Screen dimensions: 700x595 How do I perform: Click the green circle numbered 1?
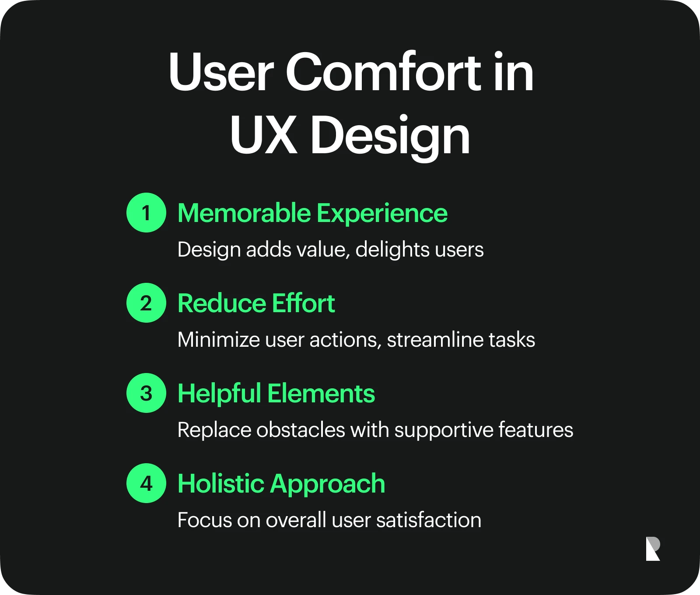click(x=146, y=212)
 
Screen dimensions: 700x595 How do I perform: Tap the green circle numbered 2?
click(x=146, y=303)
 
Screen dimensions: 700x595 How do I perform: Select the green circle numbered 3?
click(x=146, y=393)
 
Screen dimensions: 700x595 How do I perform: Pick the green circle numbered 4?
click(x=146, y=483)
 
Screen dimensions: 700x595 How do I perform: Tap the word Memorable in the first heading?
click(x=244, y=213)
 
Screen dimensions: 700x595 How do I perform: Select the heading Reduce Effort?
click(x=256, y=303)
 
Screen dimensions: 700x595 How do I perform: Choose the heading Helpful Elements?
click(x=276, y=393)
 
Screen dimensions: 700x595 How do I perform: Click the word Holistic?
click(x=221, y=483)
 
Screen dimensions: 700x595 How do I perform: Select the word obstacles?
click(x=301, y=430)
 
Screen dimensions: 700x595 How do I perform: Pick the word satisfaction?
click(x=429, y=520)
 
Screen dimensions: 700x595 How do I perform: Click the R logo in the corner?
click(x=653, y=549)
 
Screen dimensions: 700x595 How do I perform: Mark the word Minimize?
click(x=219, y=340)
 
